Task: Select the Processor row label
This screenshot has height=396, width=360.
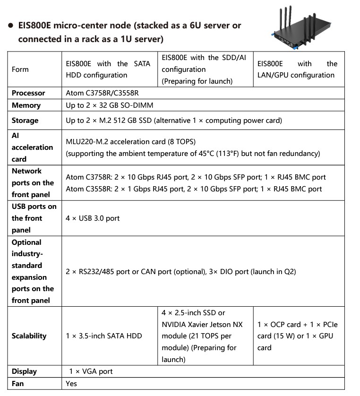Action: pos(28,93)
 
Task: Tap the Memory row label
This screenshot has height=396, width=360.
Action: pos(26,105)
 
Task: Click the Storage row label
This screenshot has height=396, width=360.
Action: pos(25,121)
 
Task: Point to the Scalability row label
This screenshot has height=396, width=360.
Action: pos(29,336)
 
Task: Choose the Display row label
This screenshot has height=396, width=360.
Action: pos(24,371)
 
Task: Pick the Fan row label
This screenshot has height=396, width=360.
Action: pos(17,383)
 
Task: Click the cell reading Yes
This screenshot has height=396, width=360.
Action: pos(71,383)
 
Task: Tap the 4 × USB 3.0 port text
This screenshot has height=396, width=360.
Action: pos(93,218)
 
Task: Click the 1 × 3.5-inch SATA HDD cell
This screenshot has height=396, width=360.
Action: pos(104,336)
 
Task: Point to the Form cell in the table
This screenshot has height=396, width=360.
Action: pos(20,69)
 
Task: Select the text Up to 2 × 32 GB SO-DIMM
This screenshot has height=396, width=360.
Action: pos(110,105)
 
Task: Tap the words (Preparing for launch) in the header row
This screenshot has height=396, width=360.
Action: pos(197,81)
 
